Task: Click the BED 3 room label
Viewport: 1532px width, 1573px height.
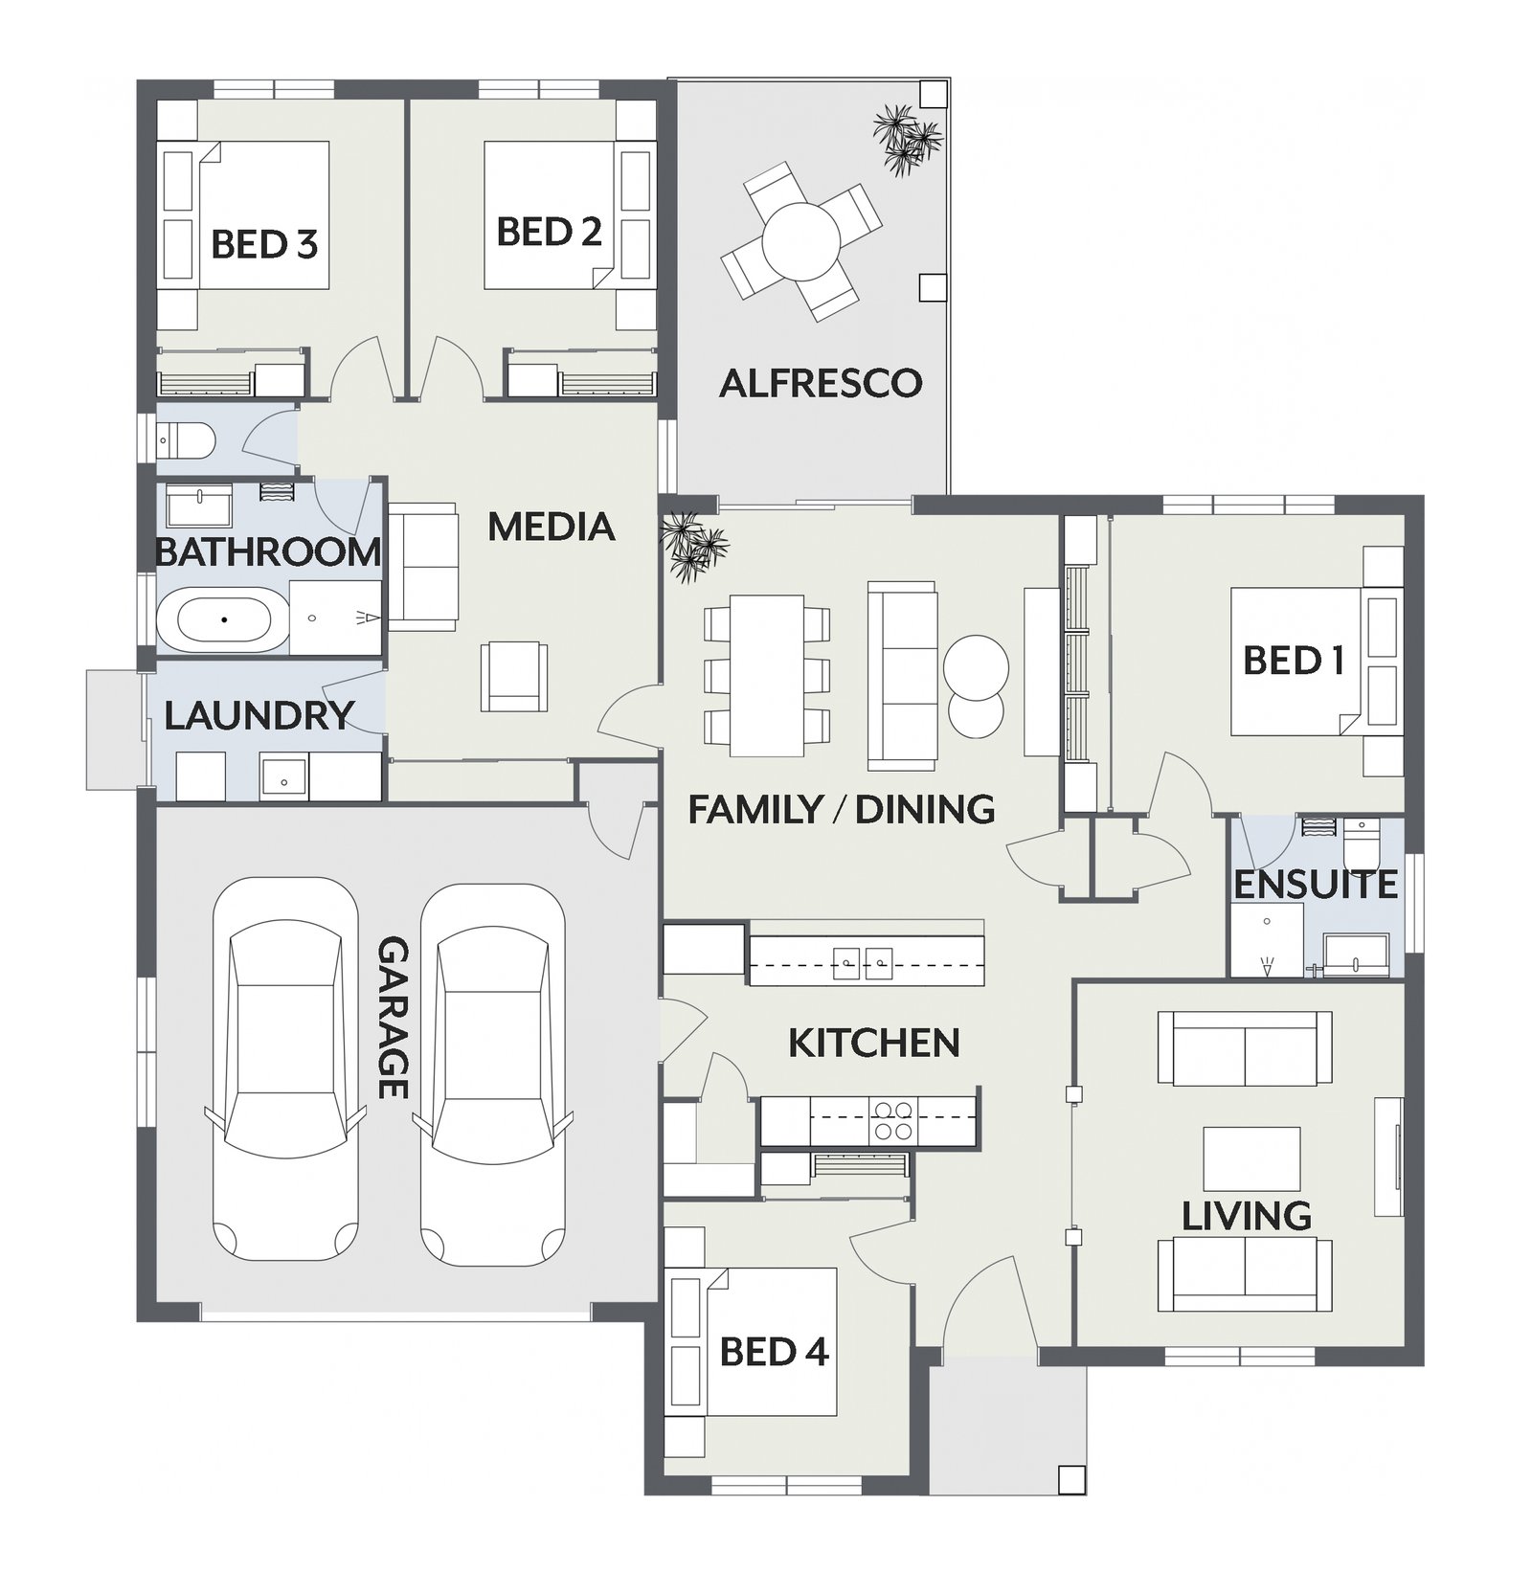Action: pos(264,244)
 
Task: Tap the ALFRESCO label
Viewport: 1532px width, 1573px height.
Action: pos(821,383)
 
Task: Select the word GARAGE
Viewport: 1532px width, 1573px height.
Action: pos(394,1018)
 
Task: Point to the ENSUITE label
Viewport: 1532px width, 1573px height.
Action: pos(1315,885)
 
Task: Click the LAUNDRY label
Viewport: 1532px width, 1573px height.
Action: pos(259,715)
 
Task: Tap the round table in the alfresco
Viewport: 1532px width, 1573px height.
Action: pos(801,241)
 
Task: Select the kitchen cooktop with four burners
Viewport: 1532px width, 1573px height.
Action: pos(893,1120)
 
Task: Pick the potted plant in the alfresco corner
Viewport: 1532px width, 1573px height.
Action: pos(907,140)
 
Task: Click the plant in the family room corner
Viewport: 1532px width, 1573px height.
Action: pos(694,547)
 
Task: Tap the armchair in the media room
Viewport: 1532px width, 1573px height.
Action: pos(514,675)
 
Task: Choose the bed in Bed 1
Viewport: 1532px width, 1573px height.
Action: pos(1317,662)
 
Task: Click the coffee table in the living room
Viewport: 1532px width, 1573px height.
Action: pos(1251,1158)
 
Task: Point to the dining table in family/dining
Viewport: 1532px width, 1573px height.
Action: pos(767,675)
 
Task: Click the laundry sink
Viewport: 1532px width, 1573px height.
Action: pos(284,776)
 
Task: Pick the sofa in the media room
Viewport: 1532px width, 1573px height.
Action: pos(423,567)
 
